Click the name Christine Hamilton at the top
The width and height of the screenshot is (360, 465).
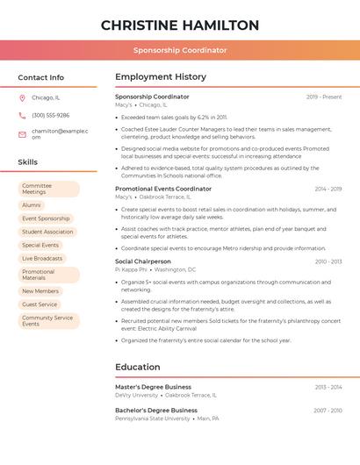(180, 25)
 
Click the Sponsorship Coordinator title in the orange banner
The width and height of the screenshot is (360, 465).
(180, 50)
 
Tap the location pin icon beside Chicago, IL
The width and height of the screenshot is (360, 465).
(22, 97)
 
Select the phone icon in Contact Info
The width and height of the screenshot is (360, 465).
(22, 115)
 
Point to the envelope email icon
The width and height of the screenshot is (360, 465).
(22, 133)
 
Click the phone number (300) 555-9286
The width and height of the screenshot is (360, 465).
(50, 115)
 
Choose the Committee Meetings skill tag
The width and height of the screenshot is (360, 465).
(48, 189)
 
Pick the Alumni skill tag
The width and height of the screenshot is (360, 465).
(32, 205)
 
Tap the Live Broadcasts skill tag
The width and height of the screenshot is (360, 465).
(42, 259)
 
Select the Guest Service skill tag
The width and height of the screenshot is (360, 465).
(40, 304)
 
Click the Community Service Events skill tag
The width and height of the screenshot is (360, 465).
(48, 321)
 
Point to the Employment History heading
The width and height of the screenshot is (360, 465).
(161, 77)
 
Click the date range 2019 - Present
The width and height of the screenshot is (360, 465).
(324, 97)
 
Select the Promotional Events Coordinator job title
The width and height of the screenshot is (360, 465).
(163, 189)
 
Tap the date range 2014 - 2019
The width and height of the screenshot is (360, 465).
(328, 189)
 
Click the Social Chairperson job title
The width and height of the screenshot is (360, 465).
(143, 261)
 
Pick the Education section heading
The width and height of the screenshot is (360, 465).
(138, 367)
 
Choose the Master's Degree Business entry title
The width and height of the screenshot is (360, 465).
(153, 387)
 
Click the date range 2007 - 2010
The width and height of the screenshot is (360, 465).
(328, 411)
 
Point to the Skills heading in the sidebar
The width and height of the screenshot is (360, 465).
(28, 162)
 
